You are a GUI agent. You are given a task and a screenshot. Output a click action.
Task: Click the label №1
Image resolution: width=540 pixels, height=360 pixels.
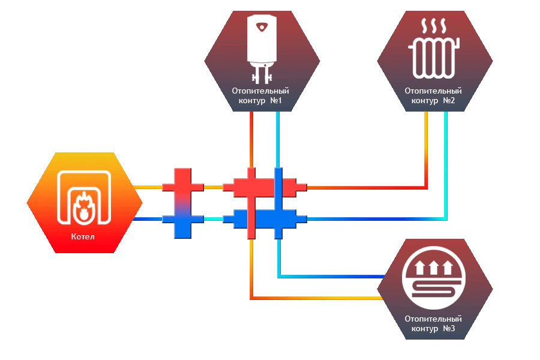(x=276, y=101)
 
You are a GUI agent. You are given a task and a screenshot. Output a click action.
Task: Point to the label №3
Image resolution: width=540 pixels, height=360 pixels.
(x=449, y=329)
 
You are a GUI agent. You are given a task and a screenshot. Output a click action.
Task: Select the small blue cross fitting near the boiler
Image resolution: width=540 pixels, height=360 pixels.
(x=183, y=220)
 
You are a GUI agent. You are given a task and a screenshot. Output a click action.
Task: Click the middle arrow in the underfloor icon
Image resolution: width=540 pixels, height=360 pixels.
(x=434, y=267)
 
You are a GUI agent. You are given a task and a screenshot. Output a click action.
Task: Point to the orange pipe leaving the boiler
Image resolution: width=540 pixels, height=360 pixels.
(x=146, y=187)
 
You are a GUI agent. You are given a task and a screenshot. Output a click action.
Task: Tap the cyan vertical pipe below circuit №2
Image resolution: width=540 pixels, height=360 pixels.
(x=445, y=162)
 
